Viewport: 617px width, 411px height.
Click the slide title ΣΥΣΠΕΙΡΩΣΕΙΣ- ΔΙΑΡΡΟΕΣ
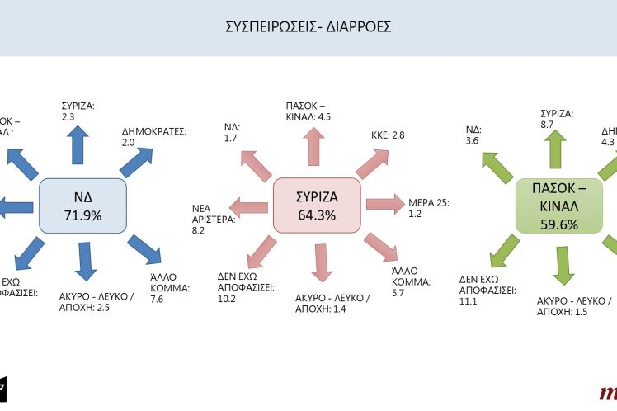point(308,26)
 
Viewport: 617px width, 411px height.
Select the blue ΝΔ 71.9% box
point(82,205)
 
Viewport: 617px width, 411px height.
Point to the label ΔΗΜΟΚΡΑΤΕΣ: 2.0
point(154,135)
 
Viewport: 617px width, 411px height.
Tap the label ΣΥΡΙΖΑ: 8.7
point(556,118)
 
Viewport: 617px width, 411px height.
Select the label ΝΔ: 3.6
point(473,135)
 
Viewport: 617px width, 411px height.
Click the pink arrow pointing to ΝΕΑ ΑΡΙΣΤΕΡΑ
point(248,207)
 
